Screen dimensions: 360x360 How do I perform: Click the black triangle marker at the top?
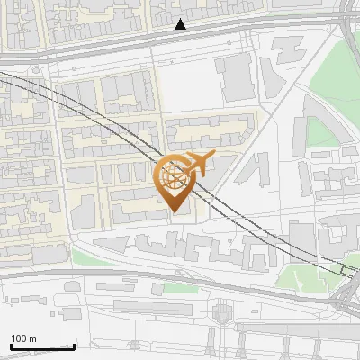click(181, 24)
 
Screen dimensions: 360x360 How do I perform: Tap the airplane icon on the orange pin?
click(198, 164)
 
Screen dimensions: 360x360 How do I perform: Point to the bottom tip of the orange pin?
click(174, 213)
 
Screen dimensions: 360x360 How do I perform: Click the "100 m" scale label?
click(23, 339)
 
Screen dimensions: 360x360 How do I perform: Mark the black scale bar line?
click(42, 346)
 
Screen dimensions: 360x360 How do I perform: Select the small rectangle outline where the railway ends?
click(348, 267)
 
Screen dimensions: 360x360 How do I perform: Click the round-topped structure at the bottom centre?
click(221, 312)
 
